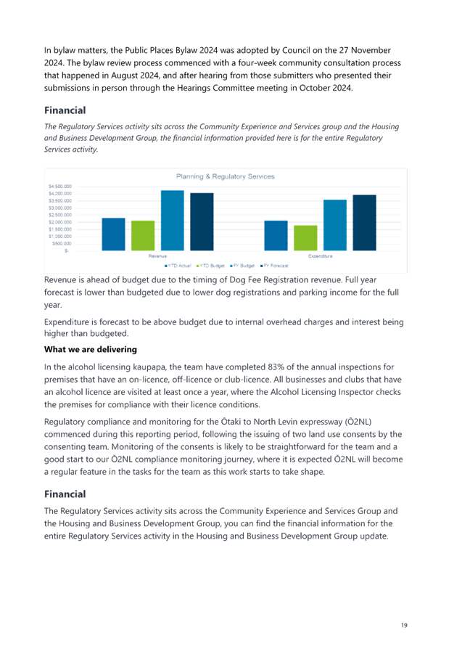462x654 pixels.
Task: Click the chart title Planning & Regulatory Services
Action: tap(226, 176)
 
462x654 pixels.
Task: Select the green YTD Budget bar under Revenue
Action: tap(143, 236)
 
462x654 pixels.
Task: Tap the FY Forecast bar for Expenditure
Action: tap(365, 223)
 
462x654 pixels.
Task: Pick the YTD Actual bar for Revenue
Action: tap(113, 234)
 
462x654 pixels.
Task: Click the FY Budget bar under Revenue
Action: tap(173, 221)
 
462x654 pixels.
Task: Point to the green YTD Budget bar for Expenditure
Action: tap(305, 238)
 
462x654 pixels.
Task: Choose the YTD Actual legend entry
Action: tap(178, 266)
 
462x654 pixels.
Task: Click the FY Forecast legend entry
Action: tap(274, 266)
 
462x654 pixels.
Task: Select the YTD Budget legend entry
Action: tap(210, 266)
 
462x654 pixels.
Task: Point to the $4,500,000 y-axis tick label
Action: tap(60, 187)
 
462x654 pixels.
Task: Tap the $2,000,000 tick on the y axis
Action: tap(60, 222)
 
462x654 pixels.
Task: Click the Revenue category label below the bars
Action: tap(157, 256)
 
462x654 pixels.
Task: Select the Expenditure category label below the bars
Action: tap(321, 256)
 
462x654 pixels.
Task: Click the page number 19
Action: tap(404, 625)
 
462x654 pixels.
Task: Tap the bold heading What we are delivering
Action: tap(91, 350)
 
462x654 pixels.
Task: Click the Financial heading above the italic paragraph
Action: tap(65, 110)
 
